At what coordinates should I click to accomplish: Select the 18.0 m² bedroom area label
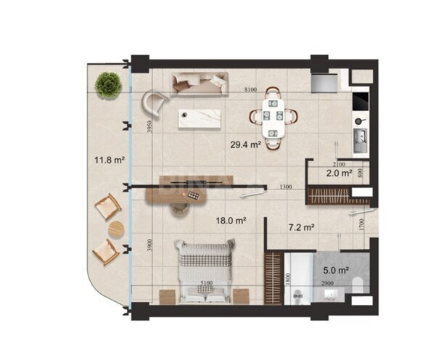click(231, 219)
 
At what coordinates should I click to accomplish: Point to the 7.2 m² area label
click(301, 227)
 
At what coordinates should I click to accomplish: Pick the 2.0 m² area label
click(339, 174)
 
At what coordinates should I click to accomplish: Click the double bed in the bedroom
click(207, 271)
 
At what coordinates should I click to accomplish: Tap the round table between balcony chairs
click(116, 230)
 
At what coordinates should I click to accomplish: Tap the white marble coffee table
click(201, 118)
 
